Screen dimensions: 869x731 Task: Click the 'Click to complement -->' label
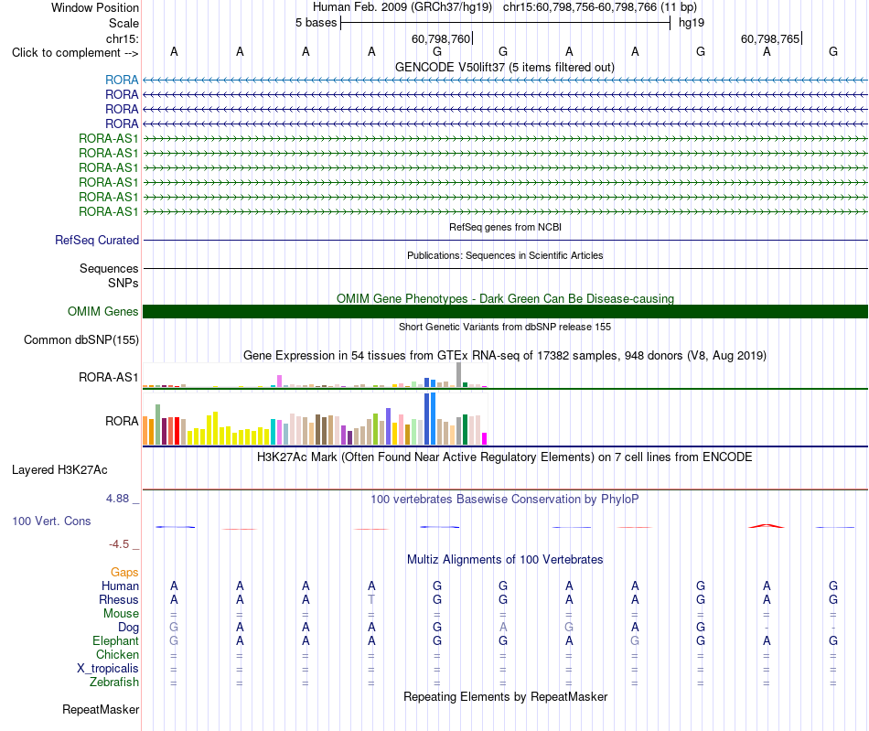pos(75,53)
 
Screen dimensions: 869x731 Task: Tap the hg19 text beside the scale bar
pos(692,23)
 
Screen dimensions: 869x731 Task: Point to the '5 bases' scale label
pos(316,23)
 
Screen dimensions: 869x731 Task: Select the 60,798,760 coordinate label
pos(441,38)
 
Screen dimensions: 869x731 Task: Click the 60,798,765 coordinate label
pos(770,38)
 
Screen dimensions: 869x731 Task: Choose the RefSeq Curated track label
pos(97,240)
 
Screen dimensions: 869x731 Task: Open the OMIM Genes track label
pos(103,311)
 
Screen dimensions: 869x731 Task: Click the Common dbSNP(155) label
pos(81,339)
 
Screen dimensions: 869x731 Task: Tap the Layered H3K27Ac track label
pos(59,470)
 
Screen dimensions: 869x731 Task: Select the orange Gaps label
pos(124,572)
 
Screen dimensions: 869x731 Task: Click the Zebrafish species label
pos(114,682)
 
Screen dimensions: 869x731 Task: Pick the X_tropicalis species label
pos(108,669)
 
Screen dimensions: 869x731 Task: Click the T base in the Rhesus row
pos(371,599)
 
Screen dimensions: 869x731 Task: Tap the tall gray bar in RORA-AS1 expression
pos(459,374)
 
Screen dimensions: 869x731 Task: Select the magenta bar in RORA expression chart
pos(485,438)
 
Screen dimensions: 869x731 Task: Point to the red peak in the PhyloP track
pos(767,525)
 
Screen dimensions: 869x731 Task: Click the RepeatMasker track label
pos(101,709)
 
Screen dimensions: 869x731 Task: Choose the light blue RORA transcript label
pos(122,80)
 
